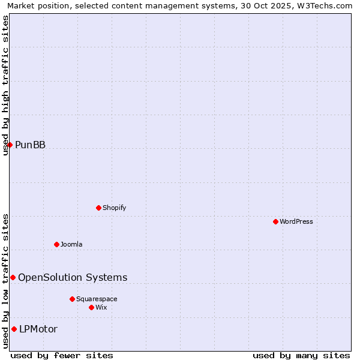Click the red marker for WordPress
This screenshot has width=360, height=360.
(x=275, y=221)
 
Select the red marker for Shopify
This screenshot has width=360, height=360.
(x=98, y=208)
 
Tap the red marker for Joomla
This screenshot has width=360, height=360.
(x=56, y=244)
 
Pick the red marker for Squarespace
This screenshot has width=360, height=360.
(x=72, y=299)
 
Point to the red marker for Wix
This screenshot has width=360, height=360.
(x=91, y=307)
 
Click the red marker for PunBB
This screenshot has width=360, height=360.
(x=10, y=145)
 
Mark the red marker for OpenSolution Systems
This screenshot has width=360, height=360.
(x=13, y=277)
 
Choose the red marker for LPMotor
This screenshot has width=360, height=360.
(x=14, y=329)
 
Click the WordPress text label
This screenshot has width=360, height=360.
(x=296, y=221)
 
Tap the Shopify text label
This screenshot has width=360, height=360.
(x=115, y=208)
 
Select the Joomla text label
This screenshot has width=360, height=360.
(x=71, y=244)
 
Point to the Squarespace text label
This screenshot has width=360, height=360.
(x=97, y=299)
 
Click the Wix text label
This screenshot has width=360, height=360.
(x=101, y=307)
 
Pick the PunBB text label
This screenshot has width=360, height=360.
(x=30, y=145)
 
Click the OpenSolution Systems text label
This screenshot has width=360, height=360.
(x=73, y=277)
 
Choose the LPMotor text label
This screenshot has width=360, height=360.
(x=38, y=329)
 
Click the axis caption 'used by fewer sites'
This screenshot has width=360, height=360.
(x=62, y=355)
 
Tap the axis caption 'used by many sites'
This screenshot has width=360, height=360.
(x=301, y=355)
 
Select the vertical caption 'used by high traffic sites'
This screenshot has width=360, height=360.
(x=6, y=86)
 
